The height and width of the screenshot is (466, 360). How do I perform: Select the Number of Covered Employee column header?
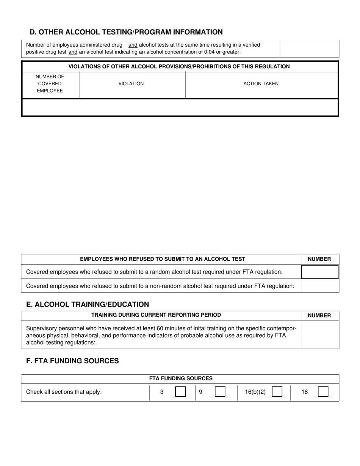coord(50,84)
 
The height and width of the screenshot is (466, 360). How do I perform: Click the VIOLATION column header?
coord(131,84)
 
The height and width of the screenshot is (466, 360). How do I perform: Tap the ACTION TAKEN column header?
coord(261,84)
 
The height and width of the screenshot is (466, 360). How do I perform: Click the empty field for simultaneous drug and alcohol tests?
coord(309,48)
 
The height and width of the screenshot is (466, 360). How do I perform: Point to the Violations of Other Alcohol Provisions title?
coord(179,67)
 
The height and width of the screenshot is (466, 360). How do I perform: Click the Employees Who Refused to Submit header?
coord(163,259)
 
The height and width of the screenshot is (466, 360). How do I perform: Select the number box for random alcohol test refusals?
coord(319,272)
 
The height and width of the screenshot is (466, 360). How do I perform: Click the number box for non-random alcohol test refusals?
coord(319,286)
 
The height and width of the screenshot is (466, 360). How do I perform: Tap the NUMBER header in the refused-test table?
coord(319,259)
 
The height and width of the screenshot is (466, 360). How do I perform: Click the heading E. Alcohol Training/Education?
coord(88,304)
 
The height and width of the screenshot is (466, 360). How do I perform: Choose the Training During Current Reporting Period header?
coord(156,315)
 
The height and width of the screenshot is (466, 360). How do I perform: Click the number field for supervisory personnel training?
coord(319,334)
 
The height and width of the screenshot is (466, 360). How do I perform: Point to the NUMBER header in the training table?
coord(319,315)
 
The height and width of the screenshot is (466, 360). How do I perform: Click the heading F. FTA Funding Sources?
coord(72,361)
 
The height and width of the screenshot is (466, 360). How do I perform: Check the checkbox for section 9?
coord(220,391)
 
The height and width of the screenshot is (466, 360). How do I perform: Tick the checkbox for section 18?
coord(323,391)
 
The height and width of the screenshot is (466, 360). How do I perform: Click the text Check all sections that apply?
coord(64,392)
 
